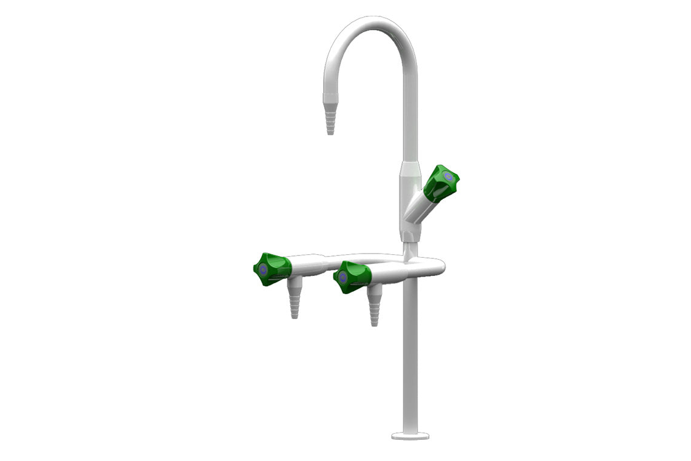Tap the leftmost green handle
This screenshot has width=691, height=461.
(270, 269)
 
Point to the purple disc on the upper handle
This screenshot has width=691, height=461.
(448, 177)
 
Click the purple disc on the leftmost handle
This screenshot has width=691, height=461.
(262, 270)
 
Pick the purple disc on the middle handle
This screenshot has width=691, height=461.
(343, 278)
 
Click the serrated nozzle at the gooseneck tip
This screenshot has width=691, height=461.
(330, 118)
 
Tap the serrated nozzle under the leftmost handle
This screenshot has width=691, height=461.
(294, 303)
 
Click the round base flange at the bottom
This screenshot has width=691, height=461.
(410, 435)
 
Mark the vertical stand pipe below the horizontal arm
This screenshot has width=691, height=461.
(410, 352)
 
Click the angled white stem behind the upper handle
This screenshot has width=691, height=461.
(418, 206)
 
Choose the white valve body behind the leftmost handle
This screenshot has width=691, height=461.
(306, 266)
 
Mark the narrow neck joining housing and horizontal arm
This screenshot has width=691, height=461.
(410, 249)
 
